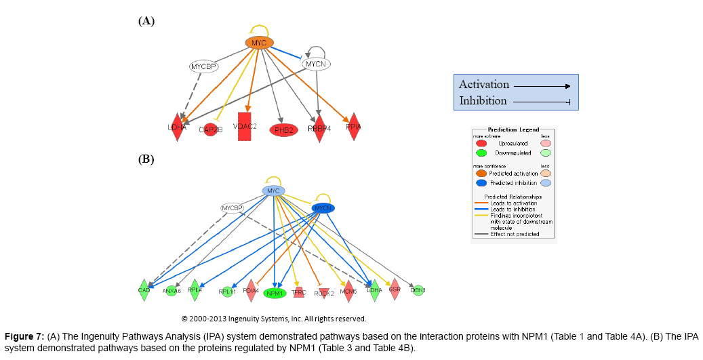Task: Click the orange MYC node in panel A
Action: pos(259,43)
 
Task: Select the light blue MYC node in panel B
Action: pos(273,191)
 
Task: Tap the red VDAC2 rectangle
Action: pos(245,127)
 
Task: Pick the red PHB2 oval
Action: pos(284,129)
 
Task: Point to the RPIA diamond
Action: pos(353,127)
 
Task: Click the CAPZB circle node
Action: pos(209,129)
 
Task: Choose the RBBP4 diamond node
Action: pos(319,127)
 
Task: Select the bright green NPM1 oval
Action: pos(275,293)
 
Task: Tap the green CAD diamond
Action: pos(144,290)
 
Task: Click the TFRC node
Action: pos(299,293)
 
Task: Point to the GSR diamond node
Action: pos(395,289)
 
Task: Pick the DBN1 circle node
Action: pos(418,290)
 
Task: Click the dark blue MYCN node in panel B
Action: pos(323,207)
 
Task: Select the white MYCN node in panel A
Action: pos(315,64)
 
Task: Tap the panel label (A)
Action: pos(146,21)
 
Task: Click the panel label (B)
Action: pos(146,160)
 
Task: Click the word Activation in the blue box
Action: pos(483,85)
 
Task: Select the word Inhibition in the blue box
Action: pos(483,100)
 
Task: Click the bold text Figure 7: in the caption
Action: pos(24,336)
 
